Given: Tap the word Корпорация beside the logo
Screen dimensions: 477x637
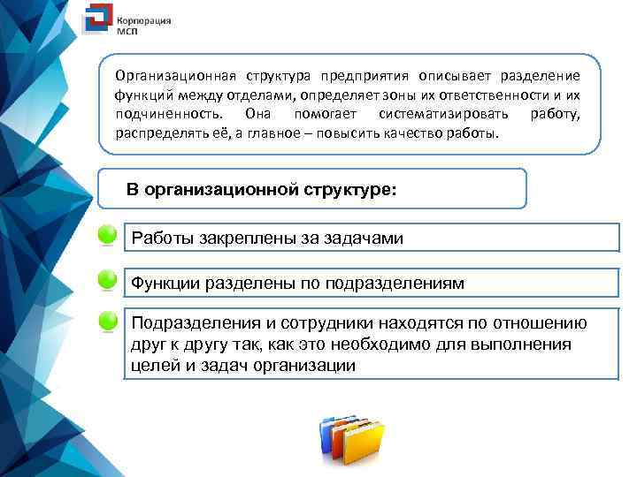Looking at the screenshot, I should pyautogui.click(x=144, y=18).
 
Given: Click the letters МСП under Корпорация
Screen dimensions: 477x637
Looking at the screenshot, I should pyautogui.click(x=128, y=29).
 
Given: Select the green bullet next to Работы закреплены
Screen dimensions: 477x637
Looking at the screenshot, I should pyautogui.click(x=106, y=236).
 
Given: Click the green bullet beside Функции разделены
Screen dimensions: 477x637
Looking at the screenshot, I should pyautogui.click(x=106, y=280).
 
